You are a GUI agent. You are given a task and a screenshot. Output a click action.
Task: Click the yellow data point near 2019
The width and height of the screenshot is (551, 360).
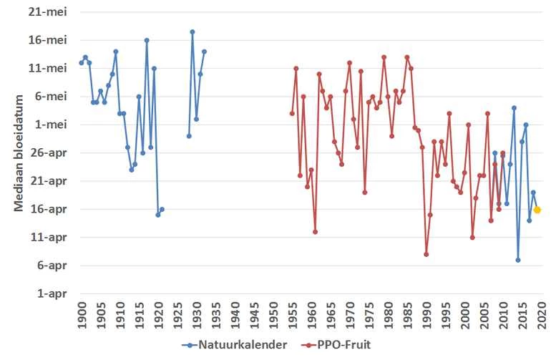coord(537,210)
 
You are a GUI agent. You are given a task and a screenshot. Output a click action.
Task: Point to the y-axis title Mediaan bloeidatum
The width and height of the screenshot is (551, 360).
coord(19,153)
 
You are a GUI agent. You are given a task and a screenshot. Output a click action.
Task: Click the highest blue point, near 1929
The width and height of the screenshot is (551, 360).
coord(192,31)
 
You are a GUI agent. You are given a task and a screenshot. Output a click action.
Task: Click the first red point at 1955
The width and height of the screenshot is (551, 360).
coord(292,113)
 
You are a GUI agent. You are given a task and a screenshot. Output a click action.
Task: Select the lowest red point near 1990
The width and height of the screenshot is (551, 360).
coord(426,254)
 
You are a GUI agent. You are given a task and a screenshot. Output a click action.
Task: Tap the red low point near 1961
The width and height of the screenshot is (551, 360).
coord(315,232)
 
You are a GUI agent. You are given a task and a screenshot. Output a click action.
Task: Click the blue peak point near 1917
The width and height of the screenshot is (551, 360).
coord(147,40)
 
